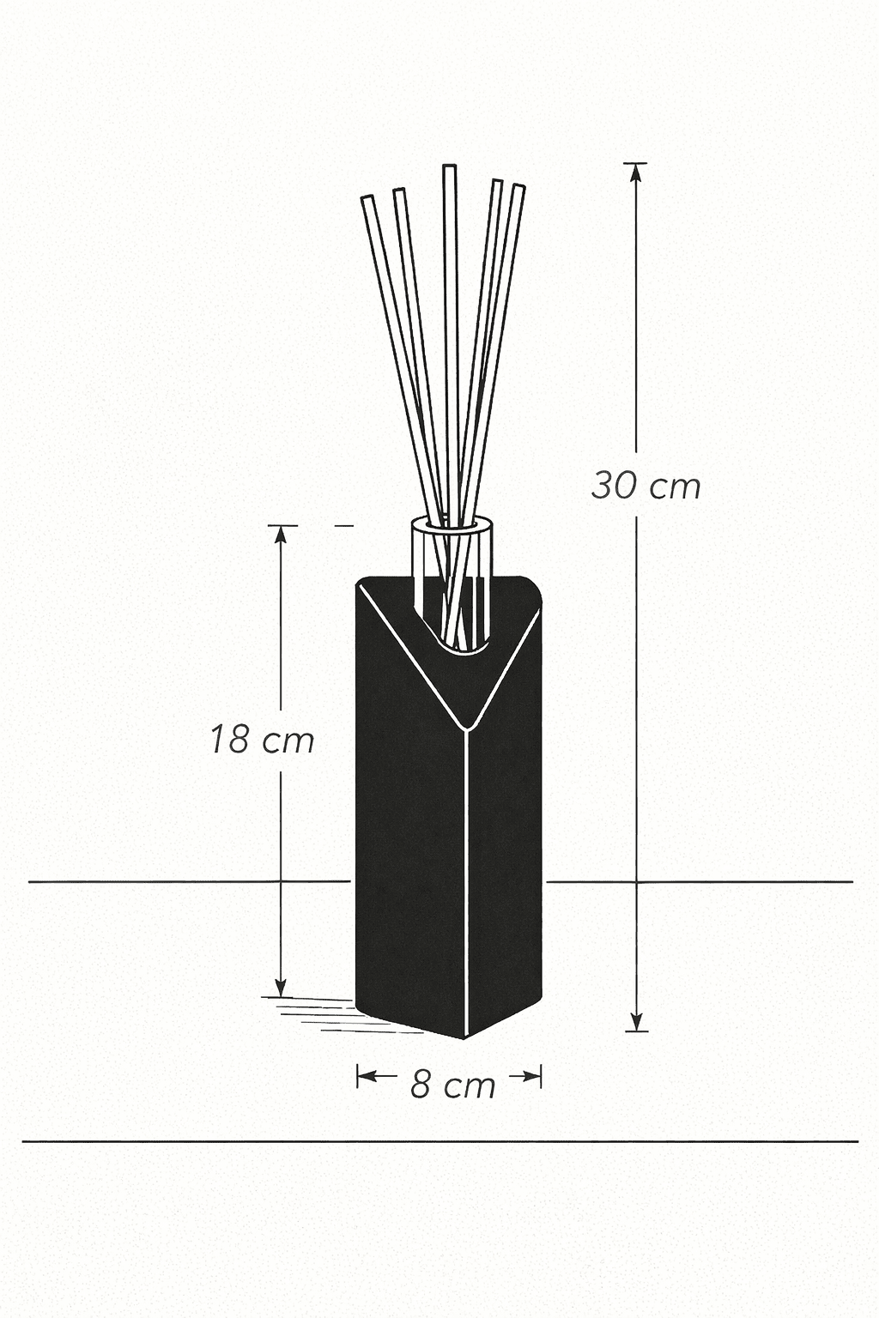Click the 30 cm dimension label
click(x=646, y=487)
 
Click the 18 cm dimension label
click(x=263, y=740)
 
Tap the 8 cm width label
click(x=452, y=1085)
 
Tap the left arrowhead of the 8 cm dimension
click(x=363, y=1075)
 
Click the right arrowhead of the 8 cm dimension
click(x=536, y=1075)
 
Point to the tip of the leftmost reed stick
click(x=367, y=199)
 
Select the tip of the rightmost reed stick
click(x=518, y=186)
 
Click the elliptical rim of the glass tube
click(x=452, y=524)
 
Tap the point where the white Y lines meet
click(x=466, y=729)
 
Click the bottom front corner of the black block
click(x=465, y=1037)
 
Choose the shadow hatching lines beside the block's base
click(x=318, y=1013)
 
